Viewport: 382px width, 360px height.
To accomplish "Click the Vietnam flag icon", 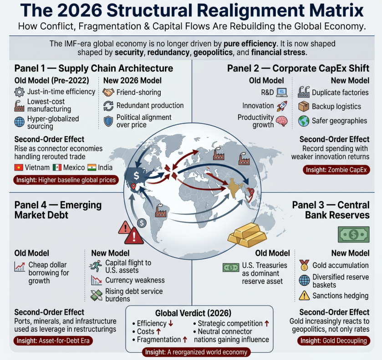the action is (19, 168).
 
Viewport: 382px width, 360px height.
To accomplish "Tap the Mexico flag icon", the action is (57, 168).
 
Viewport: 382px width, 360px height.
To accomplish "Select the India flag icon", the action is (92, 168).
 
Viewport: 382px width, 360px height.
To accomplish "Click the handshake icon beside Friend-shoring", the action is (108, 92).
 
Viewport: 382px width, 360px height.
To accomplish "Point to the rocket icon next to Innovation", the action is (282, 106).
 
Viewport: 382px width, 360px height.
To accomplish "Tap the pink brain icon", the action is (282, 121).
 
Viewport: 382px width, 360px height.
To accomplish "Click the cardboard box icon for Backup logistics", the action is (304, 106).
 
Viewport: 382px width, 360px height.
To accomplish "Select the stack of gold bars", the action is (247, 235).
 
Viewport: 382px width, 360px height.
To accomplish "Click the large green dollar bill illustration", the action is (353, 234).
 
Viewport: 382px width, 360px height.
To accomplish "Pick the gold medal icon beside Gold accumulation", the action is (305, 265).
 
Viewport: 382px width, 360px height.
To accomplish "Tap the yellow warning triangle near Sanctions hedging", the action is (304, 296).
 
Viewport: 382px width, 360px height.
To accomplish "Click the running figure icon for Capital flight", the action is (96, 266).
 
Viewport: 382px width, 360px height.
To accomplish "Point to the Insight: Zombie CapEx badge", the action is (336, 170).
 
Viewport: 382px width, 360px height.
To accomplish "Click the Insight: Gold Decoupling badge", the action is (334, 341).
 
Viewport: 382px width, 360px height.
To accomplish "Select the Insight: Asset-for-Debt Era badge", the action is (53, 341).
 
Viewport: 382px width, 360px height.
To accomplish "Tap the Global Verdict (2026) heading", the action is (193, 313).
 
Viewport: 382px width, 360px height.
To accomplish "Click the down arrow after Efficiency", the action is (171, 324).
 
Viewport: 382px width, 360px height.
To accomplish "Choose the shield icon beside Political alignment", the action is (108, 121).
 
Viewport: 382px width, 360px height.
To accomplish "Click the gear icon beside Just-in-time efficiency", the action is (20, 92).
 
